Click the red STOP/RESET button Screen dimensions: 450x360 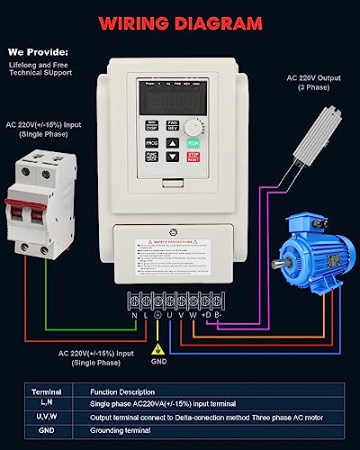pos(194,157)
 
